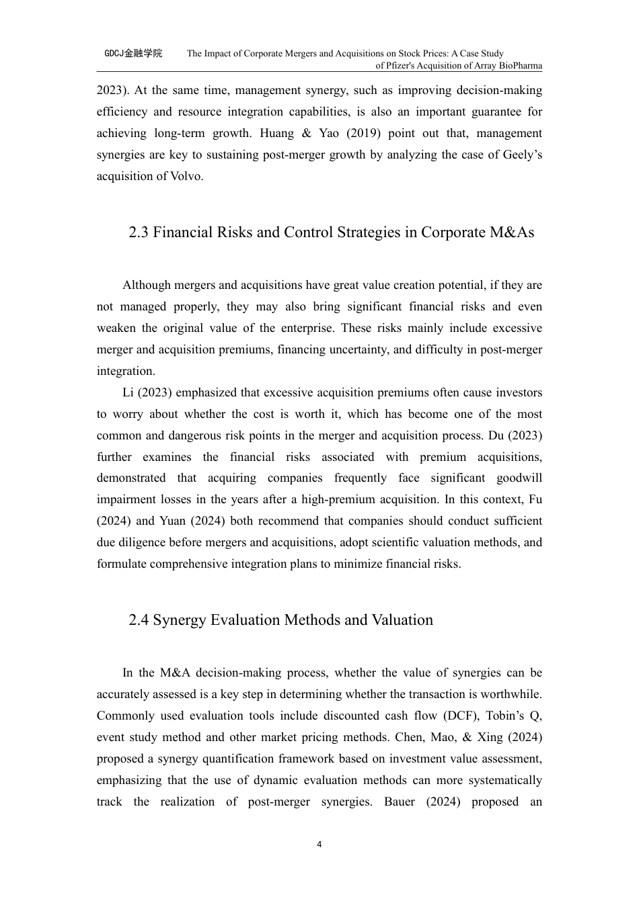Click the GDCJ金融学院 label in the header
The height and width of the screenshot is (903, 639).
tap(133, 53)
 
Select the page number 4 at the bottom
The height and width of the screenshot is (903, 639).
tap(319, 845)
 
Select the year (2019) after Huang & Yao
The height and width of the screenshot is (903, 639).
tap(364, 133)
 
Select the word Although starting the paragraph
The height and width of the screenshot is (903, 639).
tap(147, 285)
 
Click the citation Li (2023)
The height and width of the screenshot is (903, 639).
tap(147, 392)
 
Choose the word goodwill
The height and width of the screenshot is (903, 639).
tap(519, 478)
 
